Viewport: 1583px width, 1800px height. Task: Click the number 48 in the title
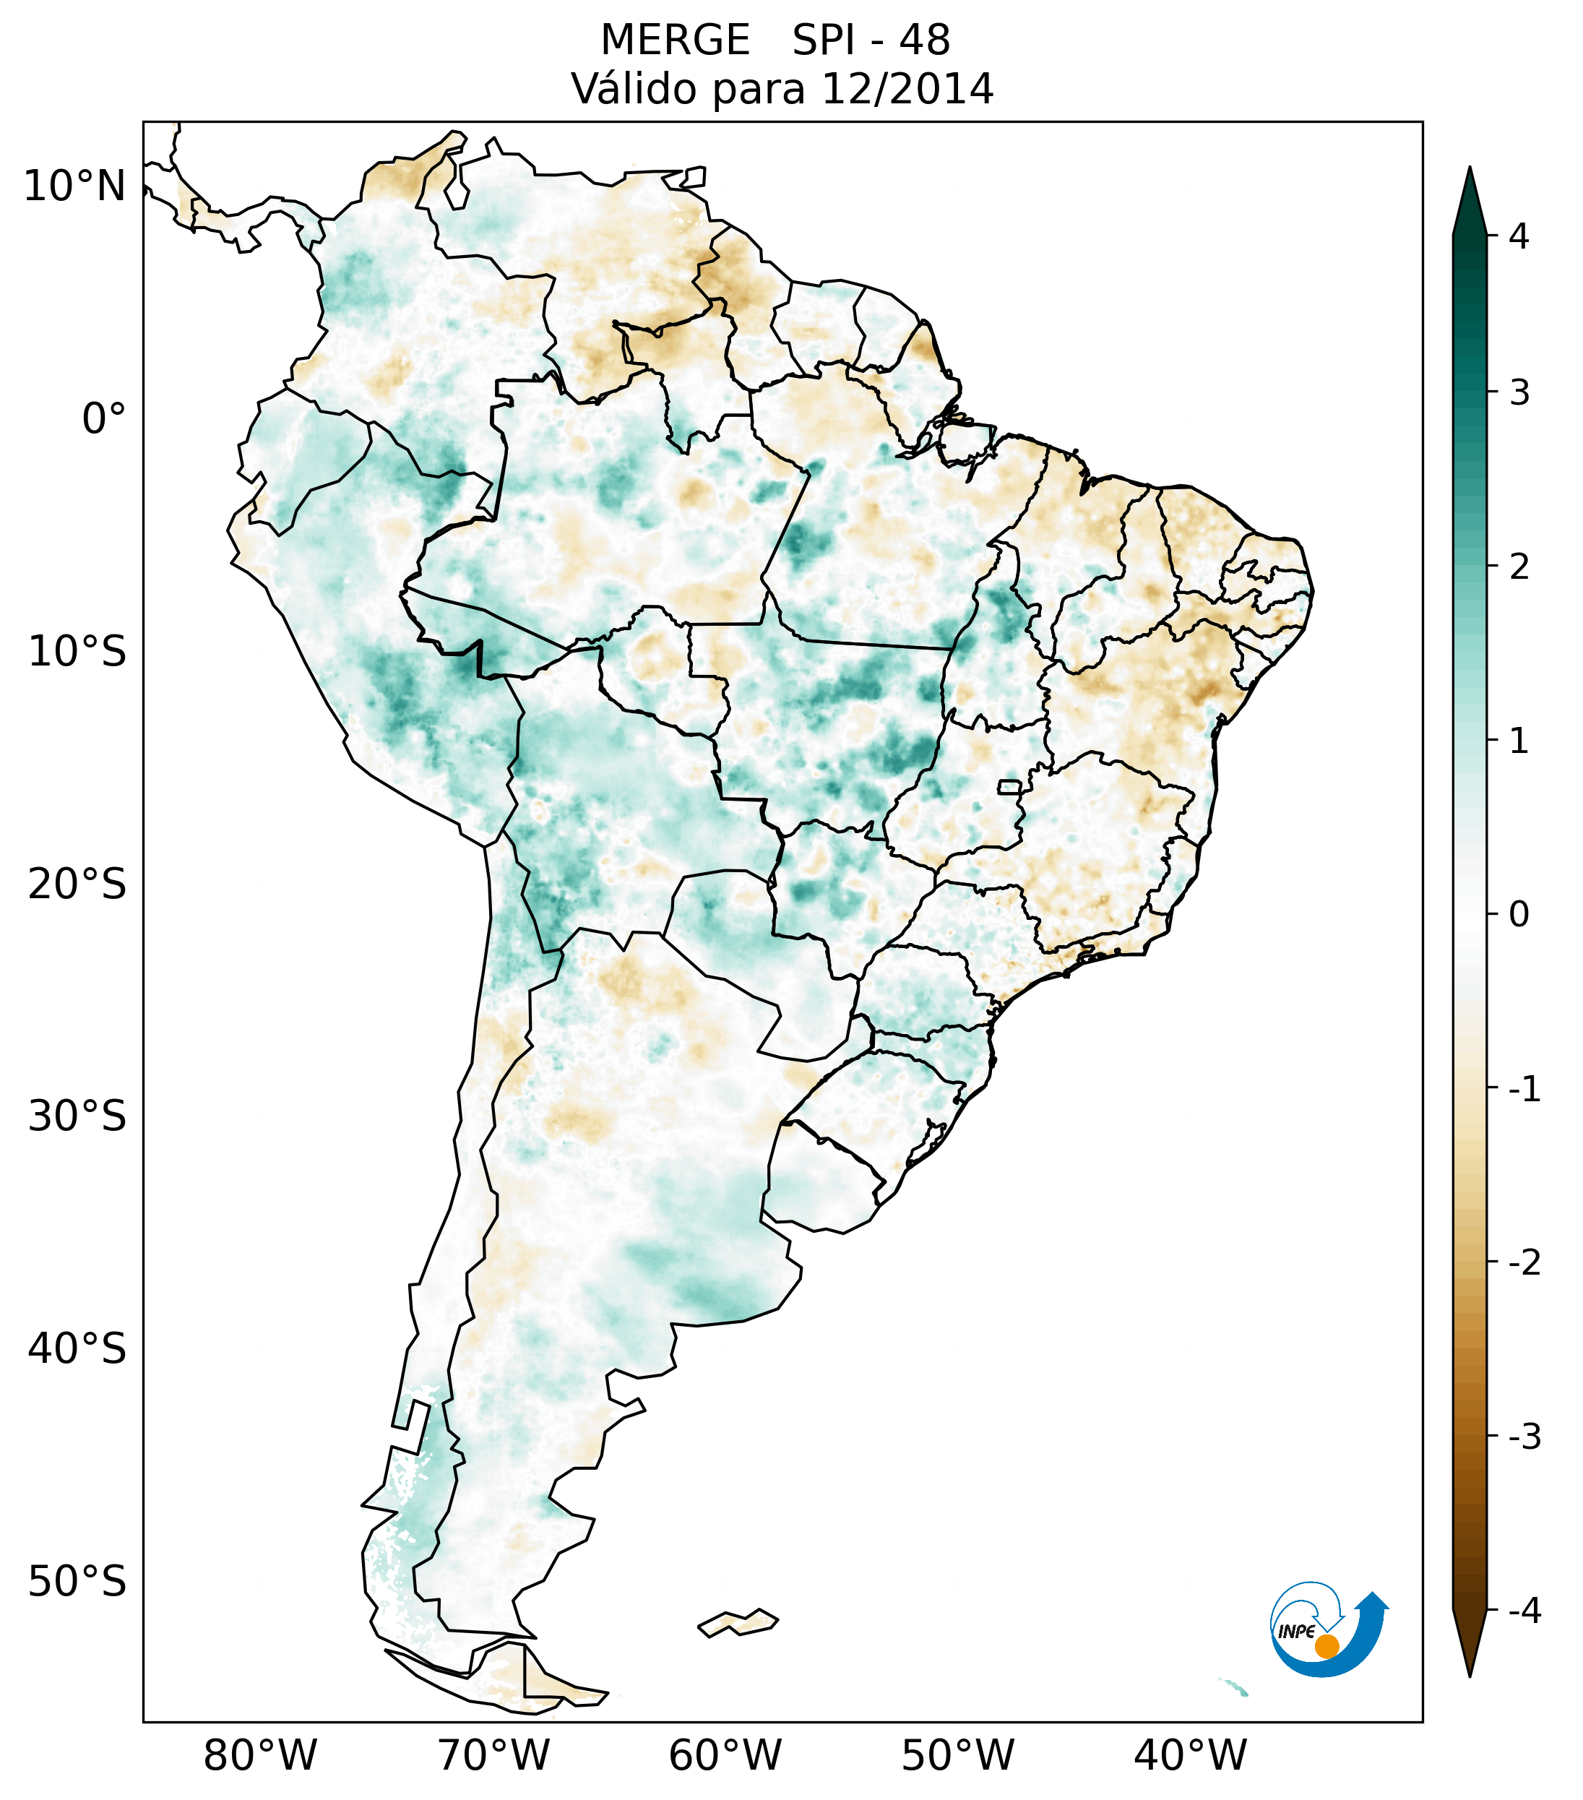click(925, 40)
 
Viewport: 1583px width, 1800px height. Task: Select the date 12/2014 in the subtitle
click(907, 89)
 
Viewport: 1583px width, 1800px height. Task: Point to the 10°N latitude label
click(75, 186)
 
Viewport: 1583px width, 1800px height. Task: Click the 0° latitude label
click(104, 419)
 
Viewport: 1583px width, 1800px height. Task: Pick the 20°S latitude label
click(77, 884)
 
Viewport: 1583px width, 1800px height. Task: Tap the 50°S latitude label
click(77, 1582)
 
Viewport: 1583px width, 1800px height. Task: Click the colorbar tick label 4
click(1519, 236)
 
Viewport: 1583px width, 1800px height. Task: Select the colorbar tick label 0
click(1519, 915)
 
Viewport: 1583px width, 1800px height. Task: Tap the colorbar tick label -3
click(1524, 1437)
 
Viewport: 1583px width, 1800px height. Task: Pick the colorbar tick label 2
click(1519, 567)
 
